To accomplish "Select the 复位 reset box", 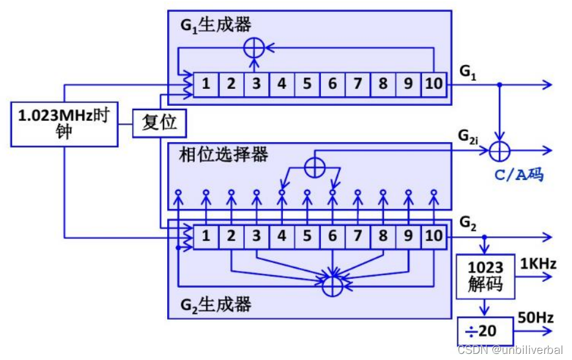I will [x=159, y=122].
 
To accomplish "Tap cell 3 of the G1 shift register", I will [x=256, y=84].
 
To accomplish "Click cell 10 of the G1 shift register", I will [x=433, y=84].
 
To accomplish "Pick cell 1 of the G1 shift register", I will [x=206, y=84].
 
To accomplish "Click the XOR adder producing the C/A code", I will [x=501, y=150].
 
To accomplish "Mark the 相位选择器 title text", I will [x=224, y=154].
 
